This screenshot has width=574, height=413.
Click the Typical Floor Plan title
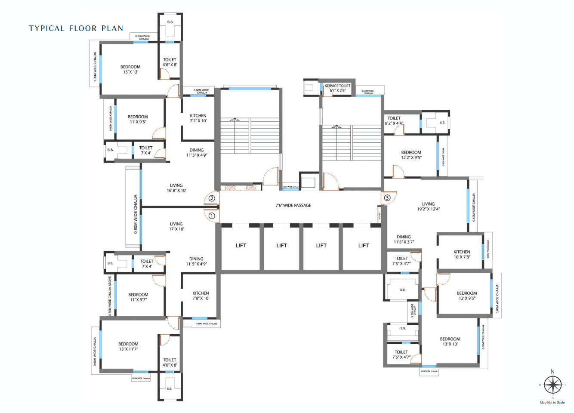coord(76,28)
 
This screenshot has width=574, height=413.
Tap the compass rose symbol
coord(552,385)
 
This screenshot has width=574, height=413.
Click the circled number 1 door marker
coord(212,216)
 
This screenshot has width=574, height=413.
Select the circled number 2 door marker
coord(212,198)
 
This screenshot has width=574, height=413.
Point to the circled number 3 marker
coord(387,198)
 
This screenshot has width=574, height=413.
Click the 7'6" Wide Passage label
coord(293,206)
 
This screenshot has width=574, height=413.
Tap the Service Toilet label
coord(337,88)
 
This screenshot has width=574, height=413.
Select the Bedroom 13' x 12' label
coord(130,70)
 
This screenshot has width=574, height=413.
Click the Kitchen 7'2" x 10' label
coord(198,118)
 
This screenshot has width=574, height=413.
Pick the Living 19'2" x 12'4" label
coord(428,207)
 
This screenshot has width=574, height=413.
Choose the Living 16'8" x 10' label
coord(176,188)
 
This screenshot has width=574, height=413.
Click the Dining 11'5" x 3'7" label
coord(404,240)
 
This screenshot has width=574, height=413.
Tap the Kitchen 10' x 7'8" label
coord(462,255)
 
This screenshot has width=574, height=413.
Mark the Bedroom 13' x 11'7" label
coord(128,347)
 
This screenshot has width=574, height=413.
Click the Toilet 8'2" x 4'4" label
coord(394,121)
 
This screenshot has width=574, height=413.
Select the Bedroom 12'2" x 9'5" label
coord(411,155)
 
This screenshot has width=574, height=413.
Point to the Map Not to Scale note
coord(552,403)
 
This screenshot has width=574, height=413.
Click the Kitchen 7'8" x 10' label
coord(201,296)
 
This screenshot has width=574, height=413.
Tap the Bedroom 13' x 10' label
coord(450,342)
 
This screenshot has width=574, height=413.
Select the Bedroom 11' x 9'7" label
coord(138,297)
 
